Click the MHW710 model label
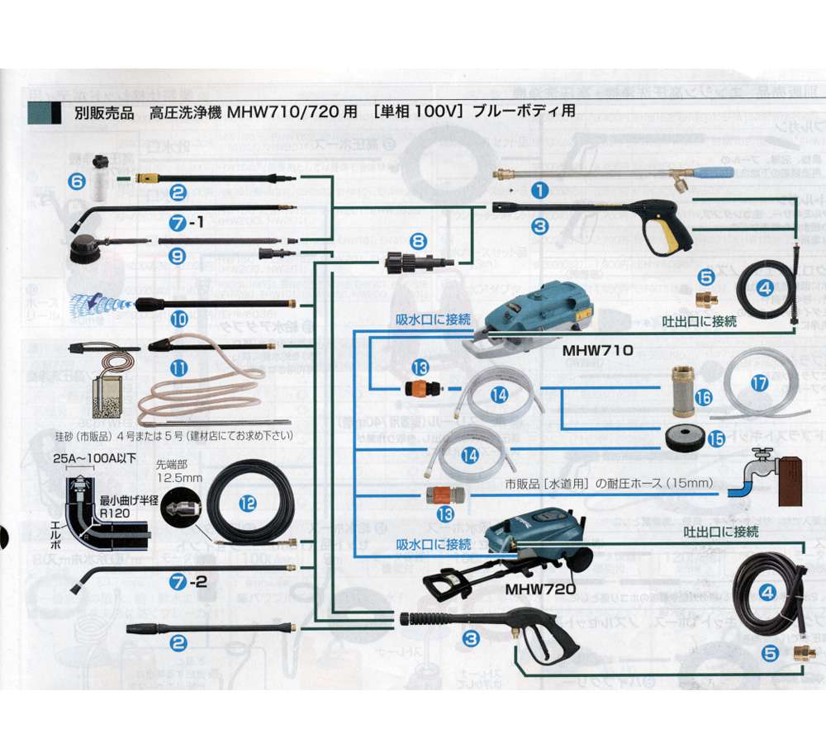(597, 349)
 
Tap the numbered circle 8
(419, 241)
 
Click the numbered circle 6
(76, 178)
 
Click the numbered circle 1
(539, 190)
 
